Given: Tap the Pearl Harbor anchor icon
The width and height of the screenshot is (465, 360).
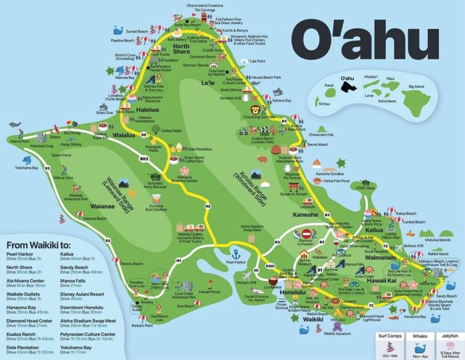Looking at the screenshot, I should pos(236,254).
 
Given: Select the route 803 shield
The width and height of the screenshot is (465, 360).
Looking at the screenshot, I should pos(144,159).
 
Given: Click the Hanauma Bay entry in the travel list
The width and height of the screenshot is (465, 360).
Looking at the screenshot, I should pos(22,306).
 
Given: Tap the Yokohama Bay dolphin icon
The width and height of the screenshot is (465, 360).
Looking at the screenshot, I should pos(27,160).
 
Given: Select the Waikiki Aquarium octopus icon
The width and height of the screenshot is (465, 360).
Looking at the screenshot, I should pos(337,340).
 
